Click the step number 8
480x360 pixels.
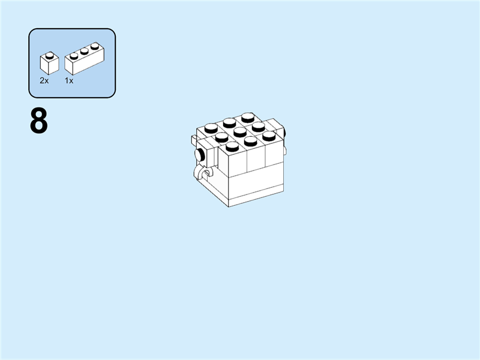point(38,122)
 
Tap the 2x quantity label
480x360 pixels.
point(44,80)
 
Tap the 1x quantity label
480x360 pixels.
point(69,80)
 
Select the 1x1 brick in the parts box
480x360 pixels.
point(49,64)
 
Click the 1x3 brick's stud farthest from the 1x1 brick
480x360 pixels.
point(94,46)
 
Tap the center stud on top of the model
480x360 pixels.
point(239,131)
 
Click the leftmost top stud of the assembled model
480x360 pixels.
point(210,127)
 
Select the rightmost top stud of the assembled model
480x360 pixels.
point(268,135)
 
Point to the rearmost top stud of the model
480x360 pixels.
point(248,117)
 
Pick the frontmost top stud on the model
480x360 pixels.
point(231,146)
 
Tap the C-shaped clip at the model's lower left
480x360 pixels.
point(200,175)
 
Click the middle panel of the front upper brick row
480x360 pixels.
point(256,158)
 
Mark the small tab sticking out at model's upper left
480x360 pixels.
point(194,141)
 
